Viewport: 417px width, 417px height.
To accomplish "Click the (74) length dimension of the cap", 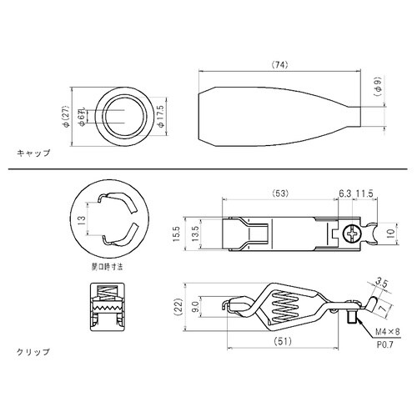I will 280,64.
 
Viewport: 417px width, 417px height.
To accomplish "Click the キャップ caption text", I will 33,153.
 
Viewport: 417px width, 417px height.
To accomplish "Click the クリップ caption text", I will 33,351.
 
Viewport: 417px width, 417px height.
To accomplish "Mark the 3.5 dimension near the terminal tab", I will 381,282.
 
